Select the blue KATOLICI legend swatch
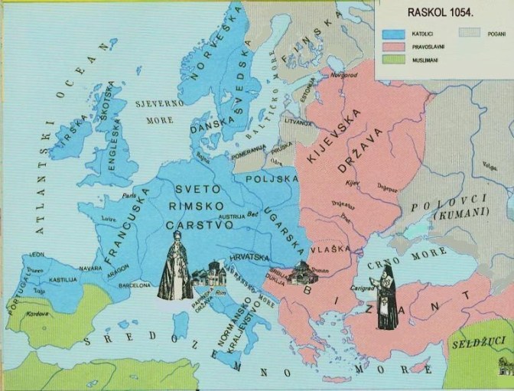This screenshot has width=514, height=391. click(x=394, y=34)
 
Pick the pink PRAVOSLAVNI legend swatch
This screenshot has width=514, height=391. click(x=394, y=47)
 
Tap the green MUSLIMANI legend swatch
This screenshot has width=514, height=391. click(x=394, y=61)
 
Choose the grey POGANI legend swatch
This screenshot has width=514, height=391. click(x=469, y=34)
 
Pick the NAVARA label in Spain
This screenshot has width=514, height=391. click(x=89, y=268)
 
